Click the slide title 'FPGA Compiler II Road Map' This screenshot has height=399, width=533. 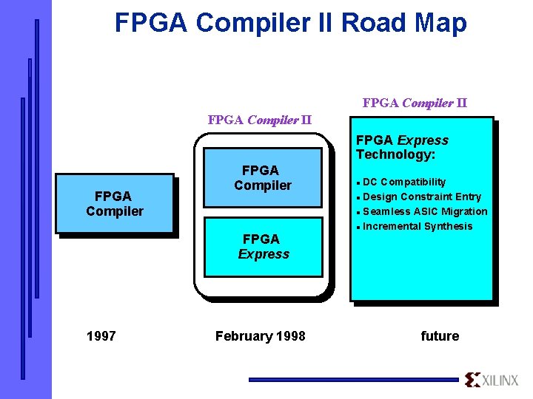pos(290,23)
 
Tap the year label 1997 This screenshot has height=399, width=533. pos(101,336)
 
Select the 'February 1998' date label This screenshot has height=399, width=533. pos(260,336)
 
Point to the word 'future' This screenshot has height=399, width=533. pos(440,336)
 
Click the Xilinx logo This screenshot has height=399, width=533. pos(493,380)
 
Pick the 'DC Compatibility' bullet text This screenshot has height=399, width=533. pos(404,182)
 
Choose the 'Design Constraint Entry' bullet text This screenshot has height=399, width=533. pos(422,197)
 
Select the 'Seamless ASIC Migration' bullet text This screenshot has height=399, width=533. pos(425,211)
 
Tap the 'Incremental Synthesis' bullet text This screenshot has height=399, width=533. pos(418,226)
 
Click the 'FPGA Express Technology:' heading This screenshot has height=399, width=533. pos(402,147)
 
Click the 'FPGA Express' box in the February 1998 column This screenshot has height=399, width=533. pos(263,247)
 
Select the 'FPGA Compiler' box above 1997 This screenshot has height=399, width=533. pos(115,203)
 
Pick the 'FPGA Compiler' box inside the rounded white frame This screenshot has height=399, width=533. pos(263,178)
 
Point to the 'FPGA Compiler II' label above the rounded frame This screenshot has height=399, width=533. pos(259,120)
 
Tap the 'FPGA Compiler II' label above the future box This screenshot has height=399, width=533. pos(415,103)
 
